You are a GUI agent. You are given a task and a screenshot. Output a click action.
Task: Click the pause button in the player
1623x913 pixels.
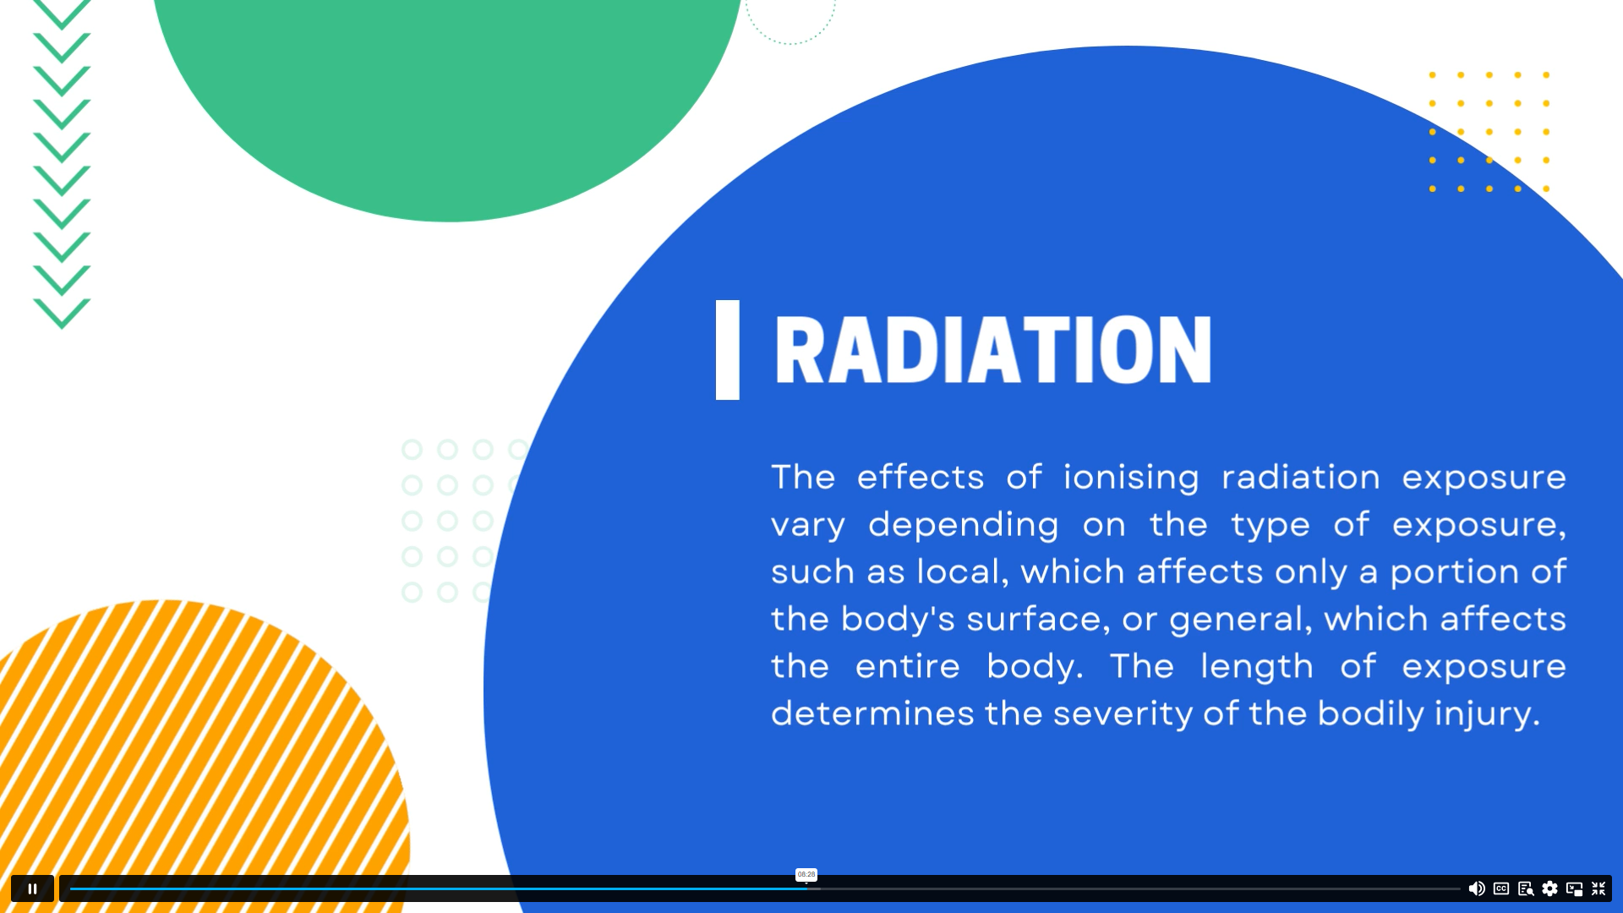[x=32, y=888]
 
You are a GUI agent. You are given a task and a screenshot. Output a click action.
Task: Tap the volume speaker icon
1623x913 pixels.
[x=1477, y=888]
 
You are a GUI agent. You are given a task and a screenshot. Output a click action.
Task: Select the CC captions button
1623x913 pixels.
[x=1501, y=888]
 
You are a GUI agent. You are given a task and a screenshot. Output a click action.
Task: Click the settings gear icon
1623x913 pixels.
[x=1549, y=888]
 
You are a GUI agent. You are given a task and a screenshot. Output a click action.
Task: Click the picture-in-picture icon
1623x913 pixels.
[x=1574, y=888]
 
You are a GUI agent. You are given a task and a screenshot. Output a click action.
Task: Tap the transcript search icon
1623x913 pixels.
[x=1526, y=888]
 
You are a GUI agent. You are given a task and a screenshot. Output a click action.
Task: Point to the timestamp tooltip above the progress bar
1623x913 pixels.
[x=806, y=875]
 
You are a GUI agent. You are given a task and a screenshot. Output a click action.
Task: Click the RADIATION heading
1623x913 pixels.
[x=993, y=349]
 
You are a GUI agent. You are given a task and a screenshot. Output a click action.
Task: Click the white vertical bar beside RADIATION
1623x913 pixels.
[x=728, y=350]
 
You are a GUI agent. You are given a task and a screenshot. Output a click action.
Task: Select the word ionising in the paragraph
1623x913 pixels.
[x=1131, y=478]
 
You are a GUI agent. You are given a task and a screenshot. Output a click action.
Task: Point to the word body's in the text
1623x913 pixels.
[x=898, y=620]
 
